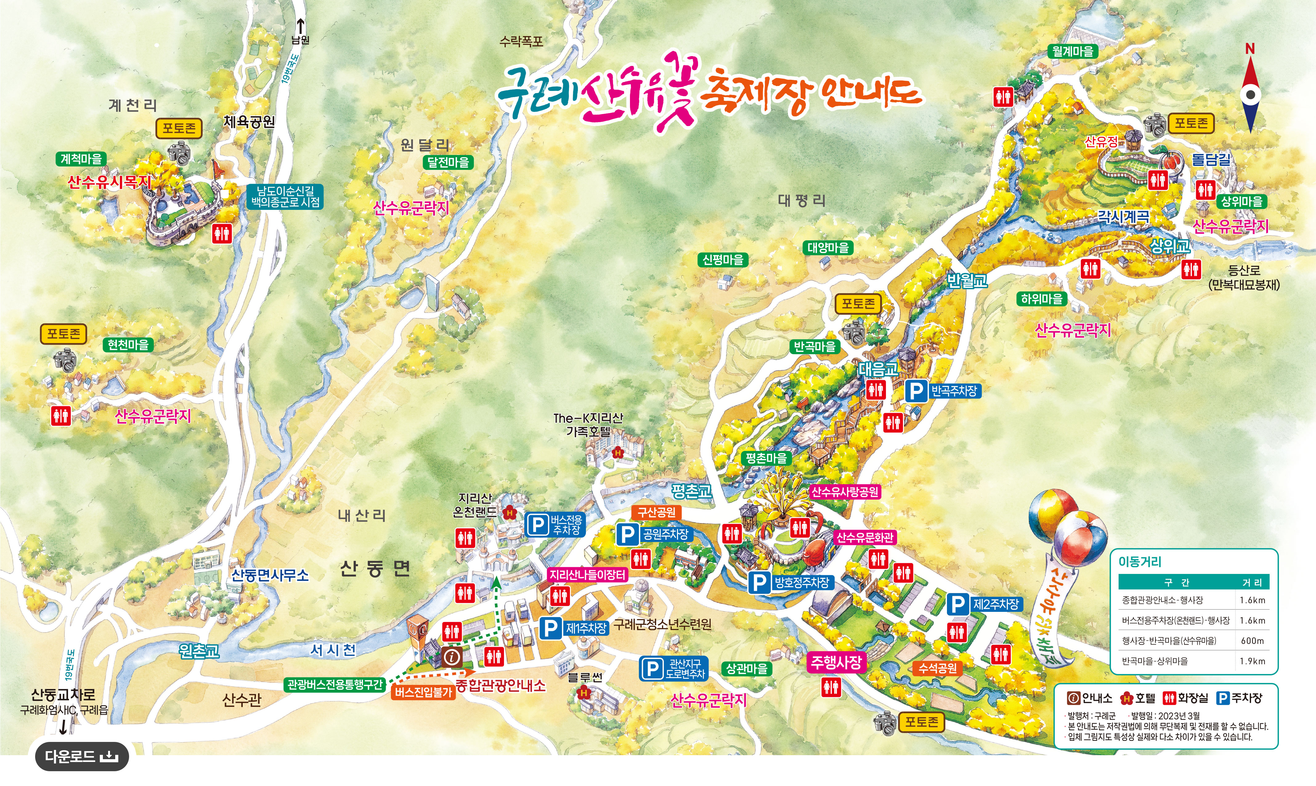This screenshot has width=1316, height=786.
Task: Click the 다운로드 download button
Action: [82, 757]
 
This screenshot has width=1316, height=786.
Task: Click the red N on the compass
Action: [1250, 49]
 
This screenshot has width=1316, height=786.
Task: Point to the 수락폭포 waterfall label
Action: [522, 41]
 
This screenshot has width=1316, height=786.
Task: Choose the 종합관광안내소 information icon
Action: [452, 657]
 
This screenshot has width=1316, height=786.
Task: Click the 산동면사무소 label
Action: [270, 575]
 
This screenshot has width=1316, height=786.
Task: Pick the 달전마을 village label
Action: [448, 162]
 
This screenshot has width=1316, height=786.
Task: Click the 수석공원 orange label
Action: [937, 669]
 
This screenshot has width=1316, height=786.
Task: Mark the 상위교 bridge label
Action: [1170, 246]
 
